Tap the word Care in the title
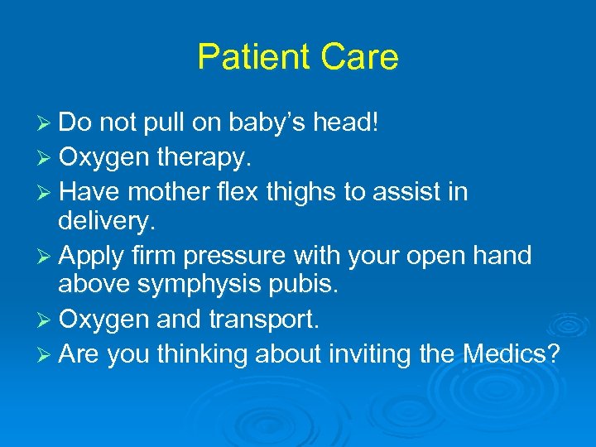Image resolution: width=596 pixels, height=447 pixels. coord(360,57)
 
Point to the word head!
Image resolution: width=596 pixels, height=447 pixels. coord(350,123)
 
